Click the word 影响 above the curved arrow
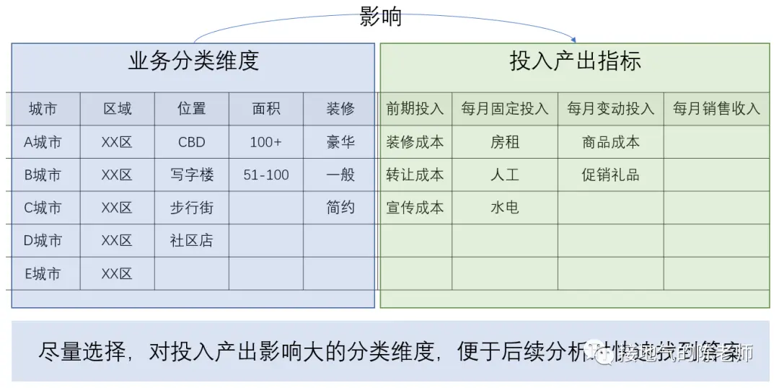[380, 17]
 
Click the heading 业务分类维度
[193, 61]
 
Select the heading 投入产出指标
[575, 61]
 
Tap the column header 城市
[43, 109]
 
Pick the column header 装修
[340, 109]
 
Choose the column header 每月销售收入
[716, 109]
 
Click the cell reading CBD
[192, 142]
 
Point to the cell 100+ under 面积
[266, 142]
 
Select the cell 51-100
[266, 175]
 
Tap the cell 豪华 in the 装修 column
[340, 142]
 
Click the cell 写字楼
[192, 175]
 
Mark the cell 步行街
[192, 208]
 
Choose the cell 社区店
[192, 240]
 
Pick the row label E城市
[43, 273]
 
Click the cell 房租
[505, 142]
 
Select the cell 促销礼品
[611, 175]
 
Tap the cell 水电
[505, 208]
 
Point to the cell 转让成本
[415, 175]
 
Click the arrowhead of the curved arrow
[574, 38]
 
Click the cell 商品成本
[611, 142]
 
